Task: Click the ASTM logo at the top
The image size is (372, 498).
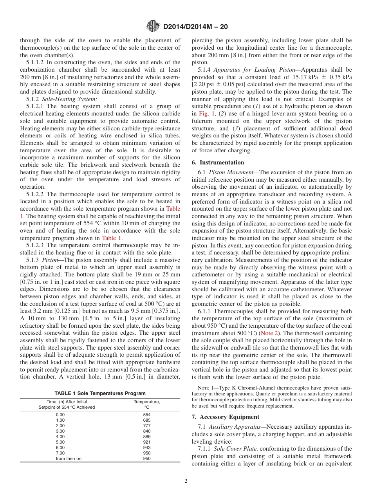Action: [x=153, y=26]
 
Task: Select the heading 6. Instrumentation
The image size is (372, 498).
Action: [x=218, y=162]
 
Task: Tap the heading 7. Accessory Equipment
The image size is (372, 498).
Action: [x=225, y=417]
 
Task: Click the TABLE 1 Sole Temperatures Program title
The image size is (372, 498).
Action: [x=100, y=393]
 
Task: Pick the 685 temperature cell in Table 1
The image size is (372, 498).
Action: [x=146, y=420]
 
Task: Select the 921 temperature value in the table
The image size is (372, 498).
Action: [x=146, y=442]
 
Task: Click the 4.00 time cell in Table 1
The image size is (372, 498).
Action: [x=60, y=437]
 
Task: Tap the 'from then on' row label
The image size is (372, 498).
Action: [x=69, y=458]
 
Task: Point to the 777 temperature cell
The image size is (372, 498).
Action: [x=146, y=426]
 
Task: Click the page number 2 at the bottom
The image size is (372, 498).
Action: [x=186, y=481]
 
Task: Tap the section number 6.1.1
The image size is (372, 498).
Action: [x=206, y=311]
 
